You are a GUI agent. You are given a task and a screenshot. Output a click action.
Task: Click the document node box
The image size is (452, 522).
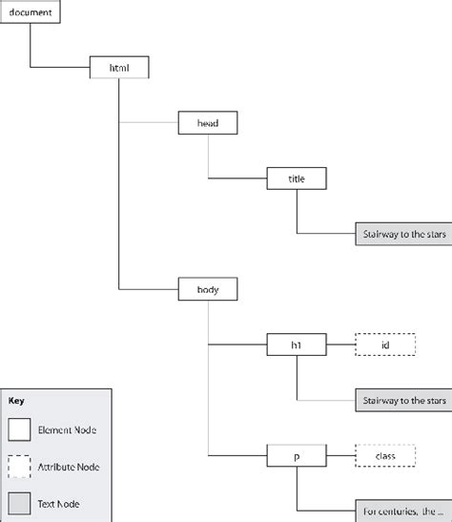31,12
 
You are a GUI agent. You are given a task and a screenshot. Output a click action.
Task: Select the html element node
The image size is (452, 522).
117,67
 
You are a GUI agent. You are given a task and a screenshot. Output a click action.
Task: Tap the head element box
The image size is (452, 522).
207,122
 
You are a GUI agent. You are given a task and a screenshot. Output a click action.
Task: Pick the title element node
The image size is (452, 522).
298,177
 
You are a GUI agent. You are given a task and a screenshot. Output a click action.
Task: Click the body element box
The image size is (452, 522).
207,287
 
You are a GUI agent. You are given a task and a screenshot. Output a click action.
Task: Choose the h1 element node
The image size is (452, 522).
298,343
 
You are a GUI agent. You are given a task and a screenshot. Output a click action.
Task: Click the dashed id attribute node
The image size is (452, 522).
385,343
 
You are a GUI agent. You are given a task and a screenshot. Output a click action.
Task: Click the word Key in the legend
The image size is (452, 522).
15,402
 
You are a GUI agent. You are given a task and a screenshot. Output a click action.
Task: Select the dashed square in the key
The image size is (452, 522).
19,467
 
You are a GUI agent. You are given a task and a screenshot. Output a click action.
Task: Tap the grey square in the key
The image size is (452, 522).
19,502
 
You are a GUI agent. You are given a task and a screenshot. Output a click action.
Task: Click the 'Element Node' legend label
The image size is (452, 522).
68,431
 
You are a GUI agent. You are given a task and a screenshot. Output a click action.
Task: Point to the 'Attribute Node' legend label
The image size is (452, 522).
70,467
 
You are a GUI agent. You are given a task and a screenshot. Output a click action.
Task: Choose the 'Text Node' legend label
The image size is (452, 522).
61,502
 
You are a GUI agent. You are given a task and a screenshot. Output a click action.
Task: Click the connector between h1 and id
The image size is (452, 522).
341,343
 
